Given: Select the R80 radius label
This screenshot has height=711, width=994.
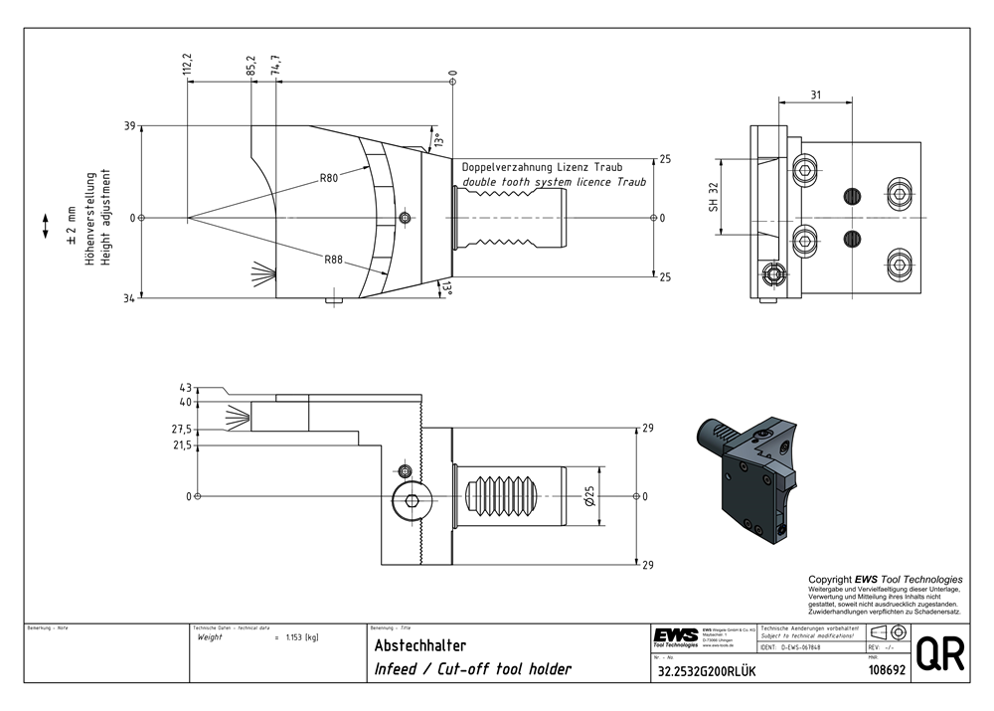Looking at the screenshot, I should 329,179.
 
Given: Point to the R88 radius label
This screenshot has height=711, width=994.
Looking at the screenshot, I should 333,260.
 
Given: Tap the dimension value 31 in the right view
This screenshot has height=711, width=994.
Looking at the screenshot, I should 815,94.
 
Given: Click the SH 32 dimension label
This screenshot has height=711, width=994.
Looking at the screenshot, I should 713,197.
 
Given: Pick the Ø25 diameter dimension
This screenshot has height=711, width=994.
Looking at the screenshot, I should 589,495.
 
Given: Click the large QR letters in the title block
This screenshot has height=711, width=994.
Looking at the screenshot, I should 937,655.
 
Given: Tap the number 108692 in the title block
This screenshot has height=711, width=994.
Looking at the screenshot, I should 882,671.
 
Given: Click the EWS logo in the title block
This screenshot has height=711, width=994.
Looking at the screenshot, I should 675,635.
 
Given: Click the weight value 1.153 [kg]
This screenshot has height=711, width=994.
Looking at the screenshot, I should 301,637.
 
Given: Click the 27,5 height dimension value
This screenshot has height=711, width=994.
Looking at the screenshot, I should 182,430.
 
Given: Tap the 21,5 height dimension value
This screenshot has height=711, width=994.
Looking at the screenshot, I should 182,445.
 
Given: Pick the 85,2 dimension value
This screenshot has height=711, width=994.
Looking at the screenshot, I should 249,66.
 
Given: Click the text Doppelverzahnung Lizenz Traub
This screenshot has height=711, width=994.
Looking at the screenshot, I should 542,167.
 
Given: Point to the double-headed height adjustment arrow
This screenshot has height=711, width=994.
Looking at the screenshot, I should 46,225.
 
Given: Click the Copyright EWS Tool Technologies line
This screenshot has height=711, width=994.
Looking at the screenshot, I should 885,579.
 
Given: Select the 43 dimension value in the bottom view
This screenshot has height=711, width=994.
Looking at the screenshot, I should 186,388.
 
